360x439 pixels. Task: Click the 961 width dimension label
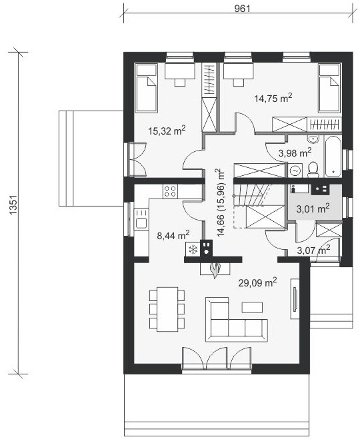click(242, 9)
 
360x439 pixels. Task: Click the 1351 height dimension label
click(13, 205)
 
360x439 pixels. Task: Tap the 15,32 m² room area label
click(167, 131)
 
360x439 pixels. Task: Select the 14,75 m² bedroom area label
click(273, 98)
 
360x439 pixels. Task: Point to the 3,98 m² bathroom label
click(295, 153)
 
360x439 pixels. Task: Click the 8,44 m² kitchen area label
click(173, 235)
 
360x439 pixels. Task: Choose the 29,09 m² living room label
click(258, 282)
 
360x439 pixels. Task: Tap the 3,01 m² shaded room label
click(313, 209)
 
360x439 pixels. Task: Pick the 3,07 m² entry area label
click(313, 250)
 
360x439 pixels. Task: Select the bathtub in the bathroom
click(333, 156)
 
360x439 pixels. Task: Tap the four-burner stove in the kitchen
click(170, 191)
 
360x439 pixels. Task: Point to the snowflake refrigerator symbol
click(193, 249)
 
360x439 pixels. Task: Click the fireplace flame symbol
click(215, 270)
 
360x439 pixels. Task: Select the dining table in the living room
click(167, 309)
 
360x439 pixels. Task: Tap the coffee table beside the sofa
click(253, 307)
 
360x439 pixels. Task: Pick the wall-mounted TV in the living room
click(295, 298)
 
